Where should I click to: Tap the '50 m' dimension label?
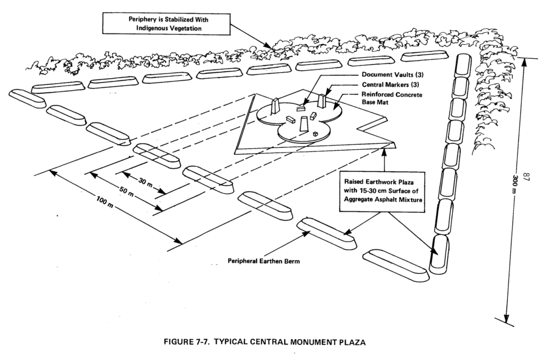coord(126,192)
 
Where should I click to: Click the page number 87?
coord(527,177)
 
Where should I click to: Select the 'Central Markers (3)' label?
coord(390,85)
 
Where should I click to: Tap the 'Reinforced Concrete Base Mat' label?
coord(392,98)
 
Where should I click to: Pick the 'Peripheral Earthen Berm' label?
coord(264,261)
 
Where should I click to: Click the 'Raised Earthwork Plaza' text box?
coord(382,191)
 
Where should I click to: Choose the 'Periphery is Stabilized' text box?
coord(167,24)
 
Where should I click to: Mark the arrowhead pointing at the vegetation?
coord(269,46)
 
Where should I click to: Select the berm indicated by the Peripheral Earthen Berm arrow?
coord(327,233)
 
